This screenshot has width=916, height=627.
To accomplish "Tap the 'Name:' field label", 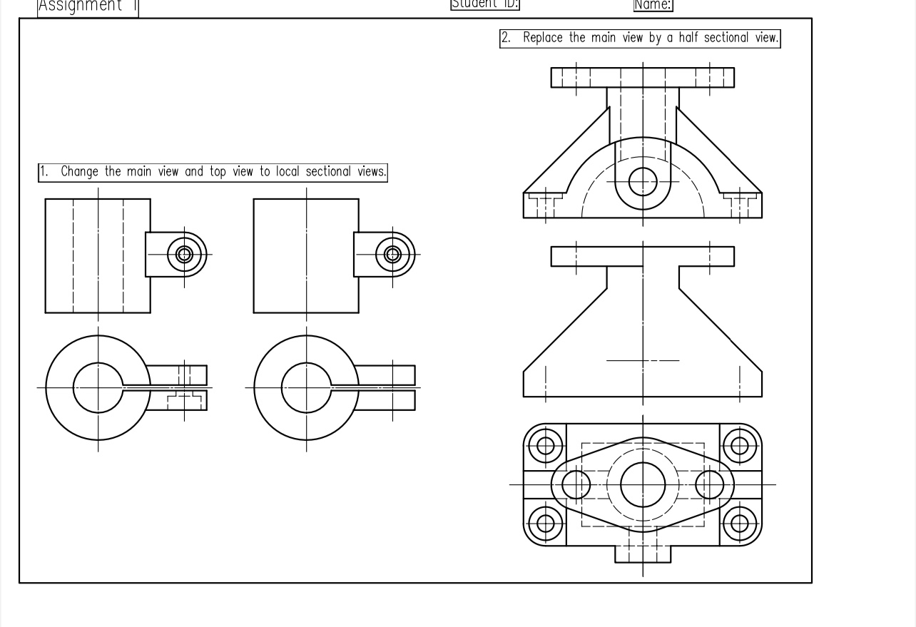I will click(653, 5).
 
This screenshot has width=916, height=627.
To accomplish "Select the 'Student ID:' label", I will click(484, 4).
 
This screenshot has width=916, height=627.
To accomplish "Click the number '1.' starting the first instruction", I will click(44, 172).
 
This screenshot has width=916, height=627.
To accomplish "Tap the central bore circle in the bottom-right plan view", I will click(643, 484).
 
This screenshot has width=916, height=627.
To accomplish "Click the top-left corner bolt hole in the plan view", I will click(546, 446).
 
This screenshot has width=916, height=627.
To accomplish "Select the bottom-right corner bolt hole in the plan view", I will click(740, 524).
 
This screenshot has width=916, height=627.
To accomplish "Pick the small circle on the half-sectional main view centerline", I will click(643, 181).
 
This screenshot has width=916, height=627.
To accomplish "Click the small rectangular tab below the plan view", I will click(643, 554).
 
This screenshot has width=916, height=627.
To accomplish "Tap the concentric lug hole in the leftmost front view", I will click(185, 254).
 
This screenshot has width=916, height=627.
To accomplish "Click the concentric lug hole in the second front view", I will click(393, 254).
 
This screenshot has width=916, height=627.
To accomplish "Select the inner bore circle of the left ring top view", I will click(98, 388).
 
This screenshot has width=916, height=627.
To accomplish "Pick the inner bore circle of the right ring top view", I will click(307, 388).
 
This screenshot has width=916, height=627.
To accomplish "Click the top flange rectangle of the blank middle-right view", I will click(642, 257).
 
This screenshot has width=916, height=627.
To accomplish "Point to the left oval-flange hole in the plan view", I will click(576, 485).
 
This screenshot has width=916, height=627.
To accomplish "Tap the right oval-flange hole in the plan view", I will click(709, 485).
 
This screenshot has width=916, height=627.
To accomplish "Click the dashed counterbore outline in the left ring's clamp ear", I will click(185, 399).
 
